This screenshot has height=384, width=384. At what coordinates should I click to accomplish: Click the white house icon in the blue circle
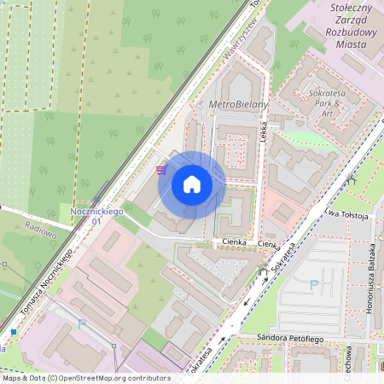point(192,184)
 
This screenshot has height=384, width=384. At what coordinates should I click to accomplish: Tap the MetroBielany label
point(238,104)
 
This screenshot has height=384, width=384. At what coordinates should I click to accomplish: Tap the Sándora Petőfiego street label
point(289,338)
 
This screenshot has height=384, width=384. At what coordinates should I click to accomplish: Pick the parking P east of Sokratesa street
point(314,285)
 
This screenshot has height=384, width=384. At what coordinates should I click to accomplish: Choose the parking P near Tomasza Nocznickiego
point(82,323)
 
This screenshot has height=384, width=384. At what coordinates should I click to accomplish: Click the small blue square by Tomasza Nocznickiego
point(15,331)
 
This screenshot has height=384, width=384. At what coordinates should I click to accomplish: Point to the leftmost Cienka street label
point(234,243)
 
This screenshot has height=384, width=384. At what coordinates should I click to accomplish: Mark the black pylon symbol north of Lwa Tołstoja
point(350,181)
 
